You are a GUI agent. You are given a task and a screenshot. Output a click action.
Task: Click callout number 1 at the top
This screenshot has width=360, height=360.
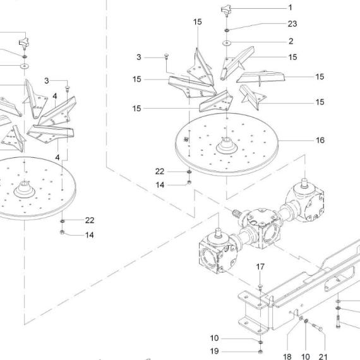[x=290, y=8]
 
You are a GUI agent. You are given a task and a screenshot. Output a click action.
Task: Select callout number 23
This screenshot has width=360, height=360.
[x=292, y=23]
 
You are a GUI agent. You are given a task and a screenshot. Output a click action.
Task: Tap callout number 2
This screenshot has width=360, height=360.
[x=291, y=41]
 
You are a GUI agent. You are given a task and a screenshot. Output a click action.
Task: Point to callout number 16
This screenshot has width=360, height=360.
[x=320, y=140]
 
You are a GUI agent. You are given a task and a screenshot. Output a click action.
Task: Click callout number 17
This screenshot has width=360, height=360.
[x=260, y=267]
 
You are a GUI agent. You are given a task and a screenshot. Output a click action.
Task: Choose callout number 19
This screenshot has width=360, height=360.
[x=215, y=351]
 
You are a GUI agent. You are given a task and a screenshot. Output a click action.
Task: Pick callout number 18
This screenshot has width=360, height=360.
[x=287, y=357]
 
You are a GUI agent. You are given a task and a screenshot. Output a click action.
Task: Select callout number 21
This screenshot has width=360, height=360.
[x=323, y=357]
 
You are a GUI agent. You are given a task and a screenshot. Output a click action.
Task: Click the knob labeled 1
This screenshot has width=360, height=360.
[x=226, y=11]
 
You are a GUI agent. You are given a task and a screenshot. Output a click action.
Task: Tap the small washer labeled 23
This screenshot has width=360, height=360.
[x=227, y=30]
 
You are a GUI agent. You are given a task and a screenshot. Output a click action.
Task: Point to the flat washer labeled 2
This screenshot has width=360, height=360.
[x=227, y=43]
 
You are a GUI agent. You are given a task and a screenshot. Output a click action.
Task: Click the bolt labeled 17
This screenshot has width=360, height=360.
[x=260, y=287]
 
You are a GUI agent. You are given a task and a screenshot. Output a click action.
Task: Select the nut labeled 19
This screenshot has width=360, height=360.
[x=260, y=352]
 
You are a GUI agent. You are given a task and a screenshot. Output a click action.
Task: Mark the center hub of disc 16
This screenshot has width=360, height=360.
[x=227, y=145]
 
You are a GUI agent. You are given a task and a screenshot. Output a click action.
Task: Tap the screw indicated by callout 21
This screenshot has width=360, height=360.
[x=317, y=327]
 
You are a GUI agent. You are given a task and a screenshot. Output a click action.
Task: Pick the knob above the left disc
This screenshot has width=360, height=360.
[x=24, y=43]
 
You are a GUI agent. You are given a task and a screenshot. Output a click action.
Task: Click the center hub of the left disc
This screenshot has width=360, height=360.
[x=25, y=189]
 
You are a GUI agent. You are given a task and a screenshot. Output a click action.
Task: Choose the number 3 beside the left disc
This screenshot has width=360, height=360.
[x=47, y=81]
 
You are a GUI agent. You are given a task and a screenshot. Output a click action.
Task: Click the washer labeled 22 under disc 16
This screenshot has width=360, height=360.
[x=189, y=172]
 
